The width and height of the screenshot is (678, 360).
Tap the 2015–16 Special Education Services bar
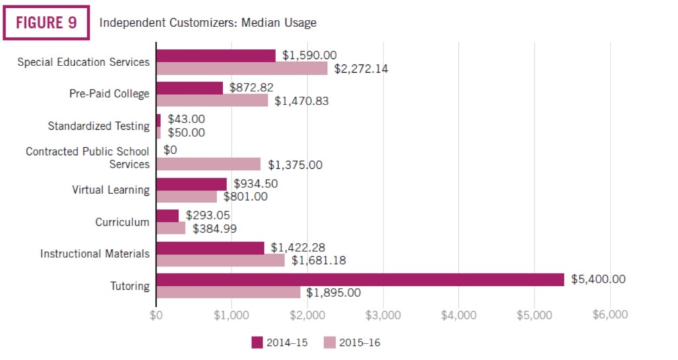[242, 68]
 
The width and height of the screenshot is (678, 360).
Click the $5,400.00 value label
[598, 279]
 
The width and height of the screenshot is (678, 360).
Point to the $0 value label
[170, 151]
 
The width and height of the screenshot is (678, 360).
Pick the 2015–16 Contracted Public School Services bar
[208, 164]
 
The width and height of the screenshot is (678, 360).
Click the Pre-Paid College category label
[109, 94]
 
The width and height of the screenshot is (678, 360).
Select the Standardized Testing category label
[99, 126]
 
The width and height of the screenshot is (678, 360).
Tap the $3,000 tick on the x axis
[383, 315]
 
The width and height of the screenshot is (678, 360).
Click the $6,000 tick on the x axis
[609, 315]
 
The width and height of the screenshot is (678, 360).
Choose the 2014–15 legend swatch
[258, 342]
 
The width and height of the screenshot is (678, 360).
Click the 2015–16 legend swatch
[330, 342]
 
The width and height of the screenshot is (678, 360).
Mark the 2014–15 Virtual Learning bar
[191, 183]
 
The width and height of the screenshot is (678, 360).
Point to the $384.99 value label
[215, 228]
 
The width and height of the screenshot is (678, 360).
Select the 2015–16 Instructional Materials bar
[220, 260]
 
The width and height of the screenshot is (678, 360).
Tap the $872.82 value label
[252, 87]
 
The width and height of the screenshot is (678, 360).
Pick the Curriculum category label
[122, 222]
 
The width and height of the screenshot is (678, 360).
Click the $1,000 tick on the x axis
[232, 315]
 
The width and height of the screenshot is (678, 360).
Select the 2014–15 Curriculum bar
[168, 216]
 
